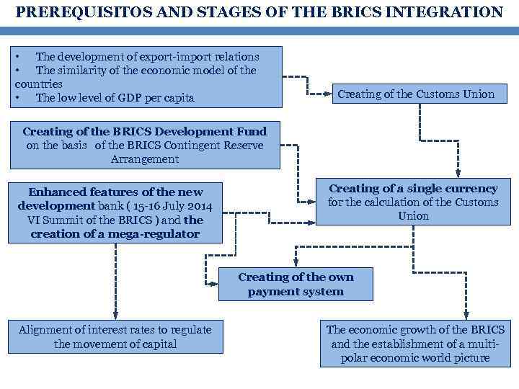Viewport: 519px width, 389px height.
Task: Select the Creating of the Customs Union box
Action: point(416,94)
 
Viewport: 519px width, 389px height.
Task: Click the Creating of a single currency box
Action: point(413,202)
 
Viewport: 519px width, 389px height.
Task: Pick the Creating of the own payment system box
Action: point(296,284)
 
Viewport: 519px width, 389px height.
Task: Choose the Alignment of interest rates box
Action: point(115,336)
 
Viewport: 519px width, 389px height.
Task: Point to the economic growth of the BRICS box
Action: point(415,344)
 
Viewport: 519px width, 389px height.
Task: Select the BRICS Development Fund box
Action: point(145,145)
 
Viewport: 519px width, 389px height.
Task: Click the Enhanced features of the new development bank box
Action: point(115,213)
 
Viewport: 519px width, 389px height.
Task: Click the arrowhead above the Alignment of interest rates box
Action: point(115,315)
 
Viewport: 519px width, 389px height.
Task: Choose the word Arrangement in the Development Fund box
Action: point(145,159)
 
